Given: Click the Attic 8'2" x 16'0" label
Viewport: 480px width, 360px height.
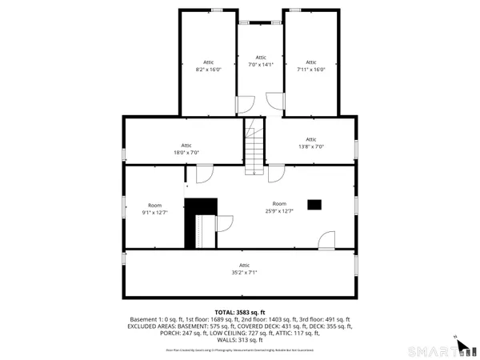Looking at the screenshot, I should coord(209,66).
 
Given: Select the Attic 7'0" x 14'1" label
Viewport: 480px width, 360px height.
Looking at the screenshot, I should coord(261,61).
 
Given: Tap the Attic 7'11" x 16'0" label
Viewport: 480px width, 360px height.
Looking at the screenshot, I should coord(311,66).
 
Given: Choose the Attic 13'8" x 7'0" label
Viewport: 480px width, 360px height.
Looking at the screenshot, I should coord(311,143).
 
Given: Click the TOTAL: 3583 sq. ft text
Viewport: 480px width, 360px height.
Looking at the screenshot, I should coord(240,311).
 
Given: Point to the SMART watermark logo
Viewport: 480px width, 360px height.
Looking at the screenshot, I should coord(436,350).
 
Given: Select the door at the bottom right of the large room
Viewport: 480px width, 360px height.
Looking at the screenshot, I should coord(326,239).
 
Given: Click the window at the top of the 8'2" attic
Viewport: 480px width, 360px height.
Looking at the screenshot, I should coord(216,10).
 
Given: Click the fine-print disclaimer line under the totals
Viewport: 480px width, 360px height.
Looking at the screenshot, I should coord(240,350).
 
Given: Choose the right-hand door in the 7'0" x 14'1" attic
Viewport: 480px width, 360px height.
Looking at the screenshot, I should coord(273,102).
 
